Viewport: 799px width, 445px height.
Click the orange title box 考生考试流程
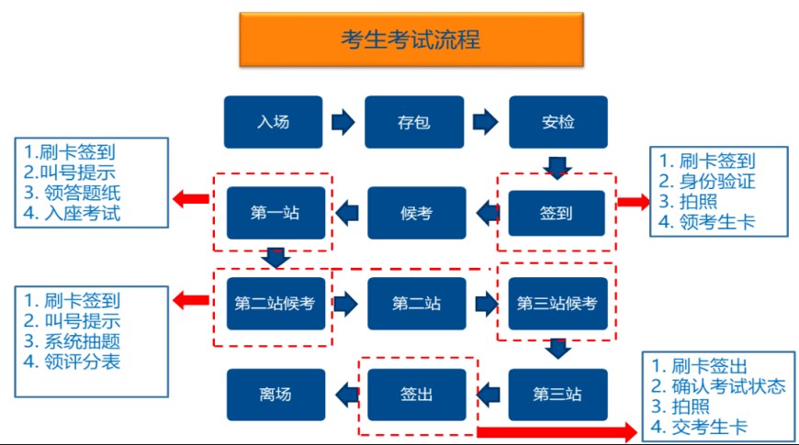[x=411, y=39]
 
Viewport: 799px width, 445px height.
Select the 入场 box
[x=273, y=122]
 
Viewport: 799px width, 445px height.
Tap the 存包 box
[x=414, y=122]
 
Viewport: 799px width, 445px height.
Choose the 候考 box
[x=416, y=213]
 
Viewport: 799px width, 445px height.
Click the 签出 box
[x=416, y=395]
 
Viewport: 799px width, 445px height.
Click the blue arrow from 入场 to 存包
[x=343, y=122]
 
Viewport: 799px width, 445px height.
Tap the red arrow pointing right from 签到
[x=632, y=203]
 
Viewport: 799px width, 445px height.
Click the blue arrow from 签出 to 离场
[x=346, y=395]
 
